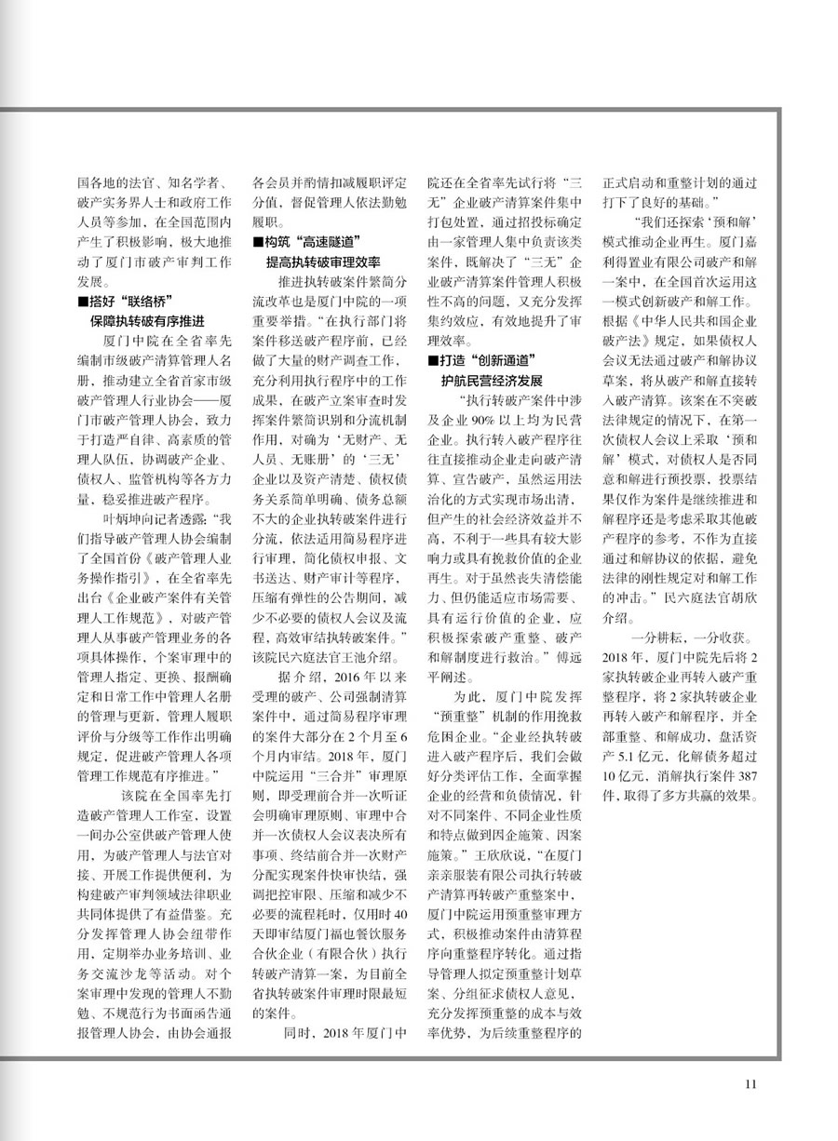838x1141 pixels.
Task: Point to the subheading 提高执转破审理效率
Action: tap(323, 261)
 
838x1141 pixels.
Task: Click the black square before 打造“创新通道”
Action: tap(431, 359)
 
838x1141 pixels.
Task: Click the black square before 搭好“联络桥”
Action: tap(82, 300)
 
